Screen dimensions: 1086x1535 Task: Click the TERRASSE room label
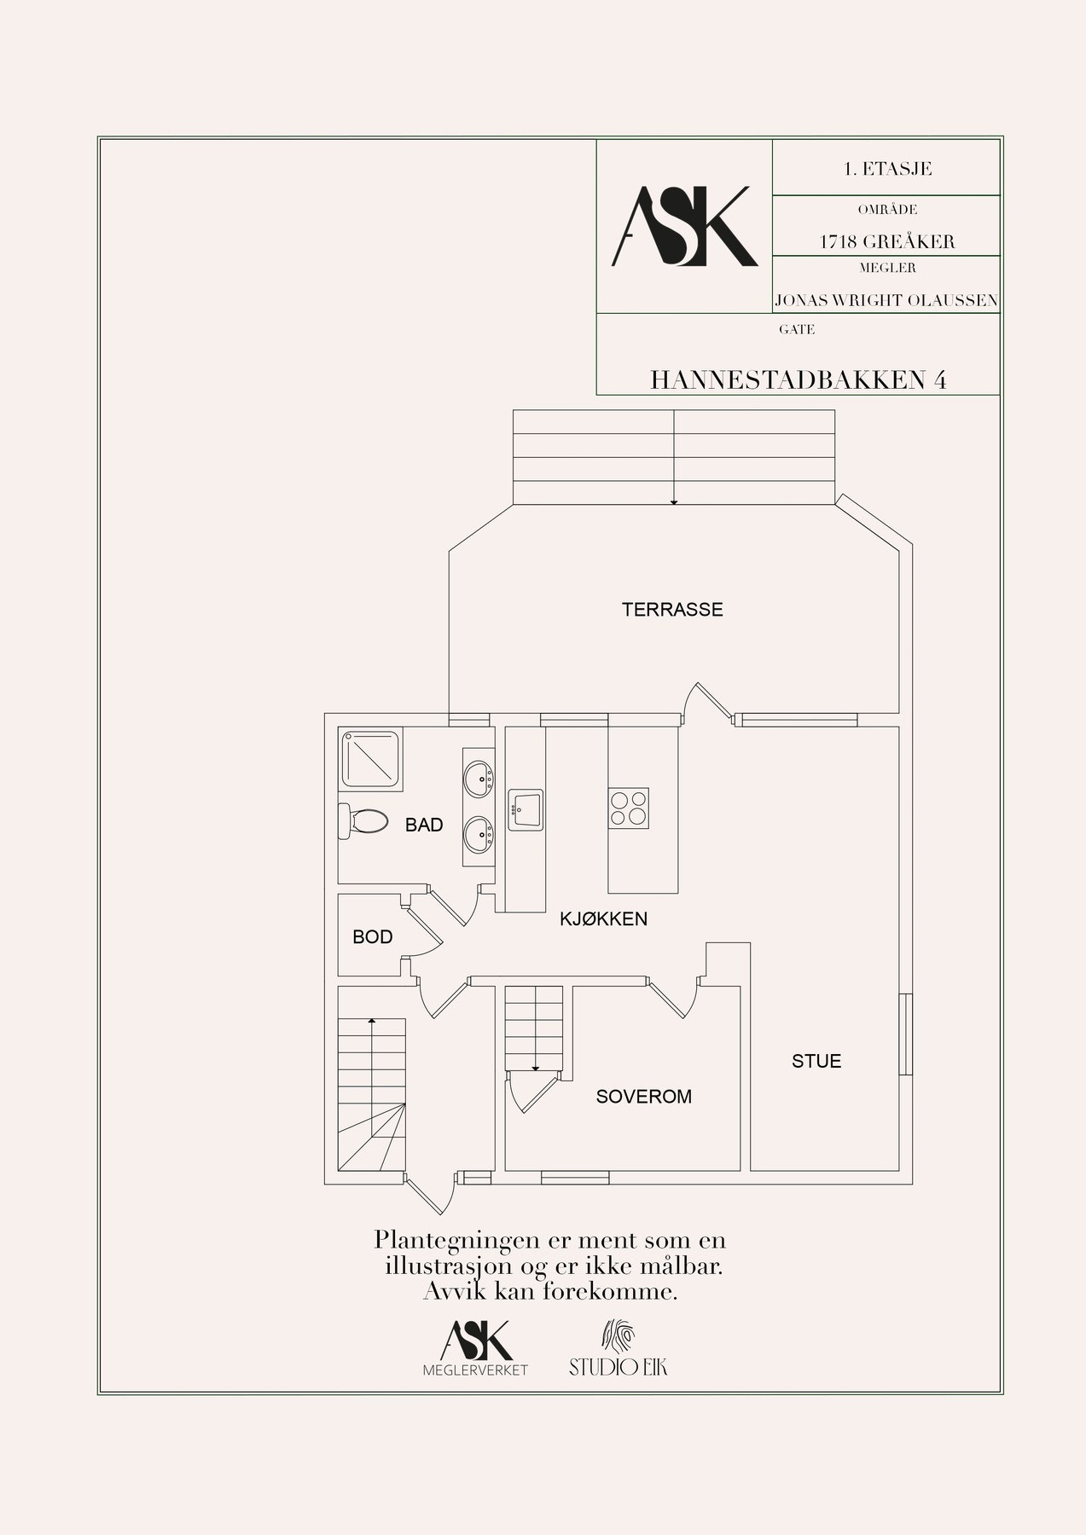click(672, 610)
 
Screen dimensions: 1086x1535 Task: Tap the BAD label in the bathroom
click(424, 825)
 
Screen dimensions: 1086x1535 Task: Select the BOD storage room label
click(373, 937)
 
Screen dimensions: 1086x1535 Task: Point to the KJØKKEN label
click(603, 918)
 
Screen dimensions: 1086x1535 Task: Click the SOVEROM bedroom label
click(644, 1097)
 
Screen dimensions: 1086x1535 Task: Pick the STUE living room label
click(816, 1061)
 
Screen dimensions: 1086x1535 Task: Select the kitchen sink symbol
click(526, 809)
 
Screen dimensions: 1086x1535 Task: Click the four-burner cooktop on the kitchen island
click(629, 807)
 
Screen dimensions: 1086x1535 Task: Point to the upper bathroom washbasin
click(479, 777)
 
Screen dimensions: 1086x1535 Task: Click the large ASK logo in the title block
click(684, 226)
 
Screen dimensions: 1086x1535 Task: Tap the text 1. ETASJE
click(887, 169)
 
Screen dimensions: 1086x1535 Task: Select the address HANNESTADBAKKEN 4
click(799, 379)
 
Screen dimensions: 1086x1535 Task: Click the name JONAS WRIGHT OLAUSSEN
click(886, 300)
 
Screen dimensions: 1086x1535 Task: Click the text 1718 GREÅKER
click(887, 241)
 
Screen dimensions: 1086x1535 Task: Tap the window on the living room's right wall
click(906, 1034)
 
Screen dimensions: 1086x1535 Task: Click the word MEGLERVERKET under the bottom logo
click(476, 1370)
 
